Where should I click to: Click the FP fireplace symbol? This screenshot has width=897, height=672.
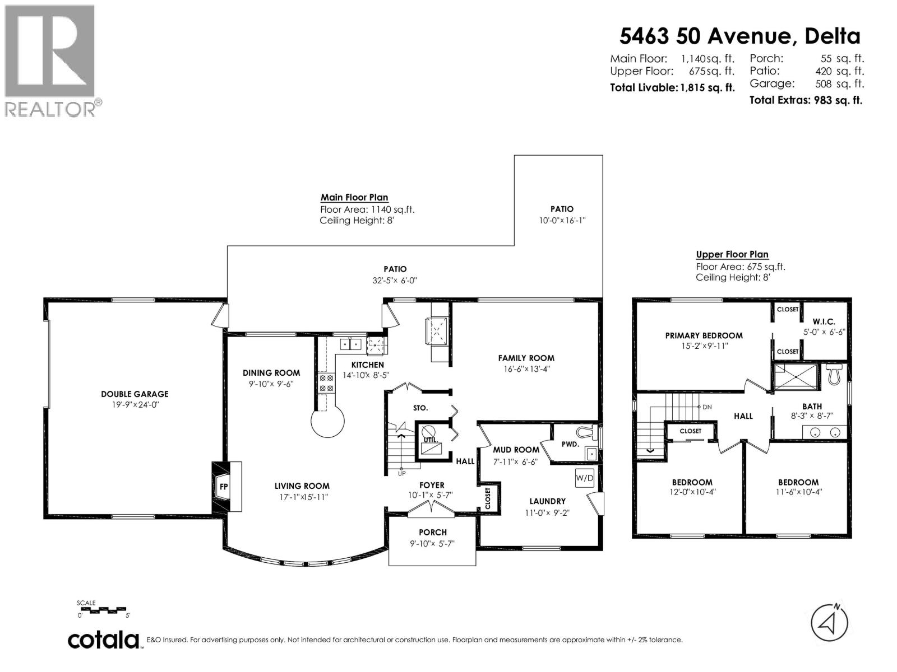pos(224,486)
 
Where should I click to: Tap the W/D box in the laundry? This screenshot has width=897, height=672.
pos(584,478)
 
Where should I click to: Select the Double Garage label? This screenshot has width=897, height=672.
pos(135,394)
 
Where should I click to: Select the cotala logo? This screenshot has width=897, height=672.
pos(104,640)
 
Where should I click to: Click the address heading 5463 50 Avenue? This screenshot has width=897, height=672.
pos(739,36)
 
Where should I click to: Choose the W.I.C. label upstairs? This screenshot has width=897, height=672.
pos(824,321)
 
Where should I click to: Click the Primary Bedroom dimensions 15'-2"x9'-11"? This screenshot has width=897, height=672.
pos(704,346)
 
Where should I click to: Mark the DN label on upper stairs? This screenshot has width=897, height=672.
pos(707,407)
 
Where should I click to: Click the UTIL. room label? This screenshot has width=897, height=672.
pos(431,441)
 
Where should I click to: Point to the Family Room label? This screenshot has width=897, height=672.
pos(526,358)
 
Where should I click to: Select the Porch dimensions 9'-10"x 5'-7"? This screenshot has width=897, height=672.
pos(432,543)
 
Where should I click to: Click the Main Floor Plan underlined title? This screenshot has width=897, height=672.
pos(354,197)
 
